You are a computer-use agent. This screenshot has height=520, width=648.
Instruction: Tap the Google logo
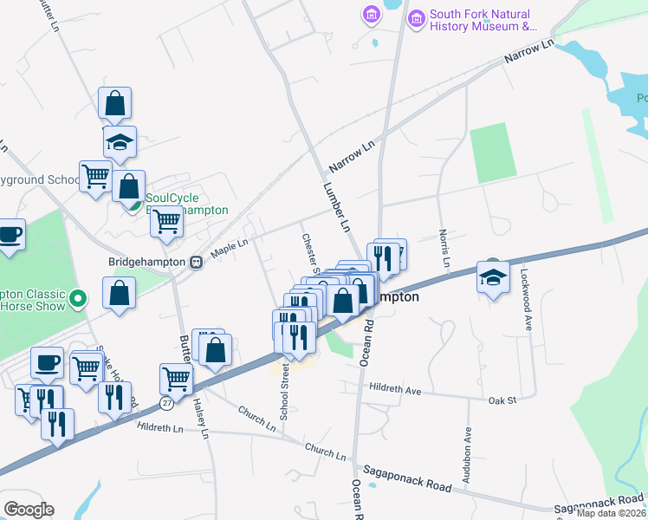(29, 510)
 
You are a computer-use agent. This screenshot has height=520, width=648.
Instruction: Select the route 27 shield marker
(165, 402)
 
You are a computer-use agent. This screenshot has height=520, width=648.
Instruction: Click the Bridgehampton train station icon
(197, 261)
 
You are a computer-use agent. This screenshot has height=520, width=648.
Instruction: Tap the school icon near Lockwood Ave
(493, 278)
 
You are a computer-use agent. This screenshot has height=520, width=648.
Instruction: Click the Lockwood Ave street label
(526, 299)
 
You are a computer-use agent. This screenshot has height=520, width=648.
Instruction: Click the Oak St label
(502, 400)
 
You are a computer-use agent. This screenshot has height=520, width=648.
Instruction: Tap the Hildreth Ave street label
(394, 390)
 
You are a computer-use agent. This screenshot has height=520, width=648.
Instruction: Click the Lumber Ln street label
(336, 207)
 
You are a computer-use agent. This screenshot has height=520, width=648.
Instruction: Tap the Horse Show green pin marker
(78, 300)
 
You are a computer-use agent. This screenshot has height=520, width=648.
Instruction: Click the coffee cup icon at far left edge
(10, 235)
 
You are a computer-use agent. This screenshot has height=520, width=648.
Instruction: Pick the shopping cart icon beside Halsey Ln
(176, 379)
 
